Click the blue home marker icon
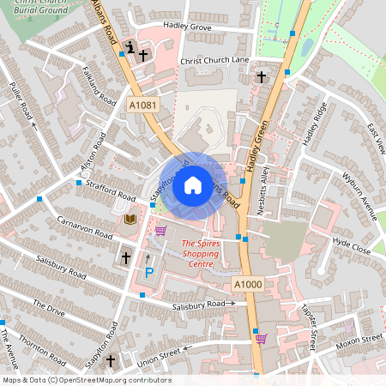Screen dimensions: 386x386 (193, 184)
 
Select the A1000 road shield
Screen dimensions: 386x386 (247, 284)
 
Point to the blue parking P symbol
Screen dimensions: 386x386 (148, 273)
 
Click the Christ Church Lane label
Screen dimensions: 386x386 (214, 61)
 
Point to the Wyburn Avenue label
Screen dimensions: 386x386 (359, 197)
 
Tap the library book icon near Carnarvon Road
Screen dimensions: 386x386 (130, 220)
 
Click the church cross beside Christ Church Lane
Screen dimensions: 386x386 (260, 76)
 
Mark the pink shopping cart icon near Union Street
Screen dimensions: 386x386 (261, 337)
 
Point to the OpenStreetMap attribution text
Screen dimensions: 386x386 (86, 380)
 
